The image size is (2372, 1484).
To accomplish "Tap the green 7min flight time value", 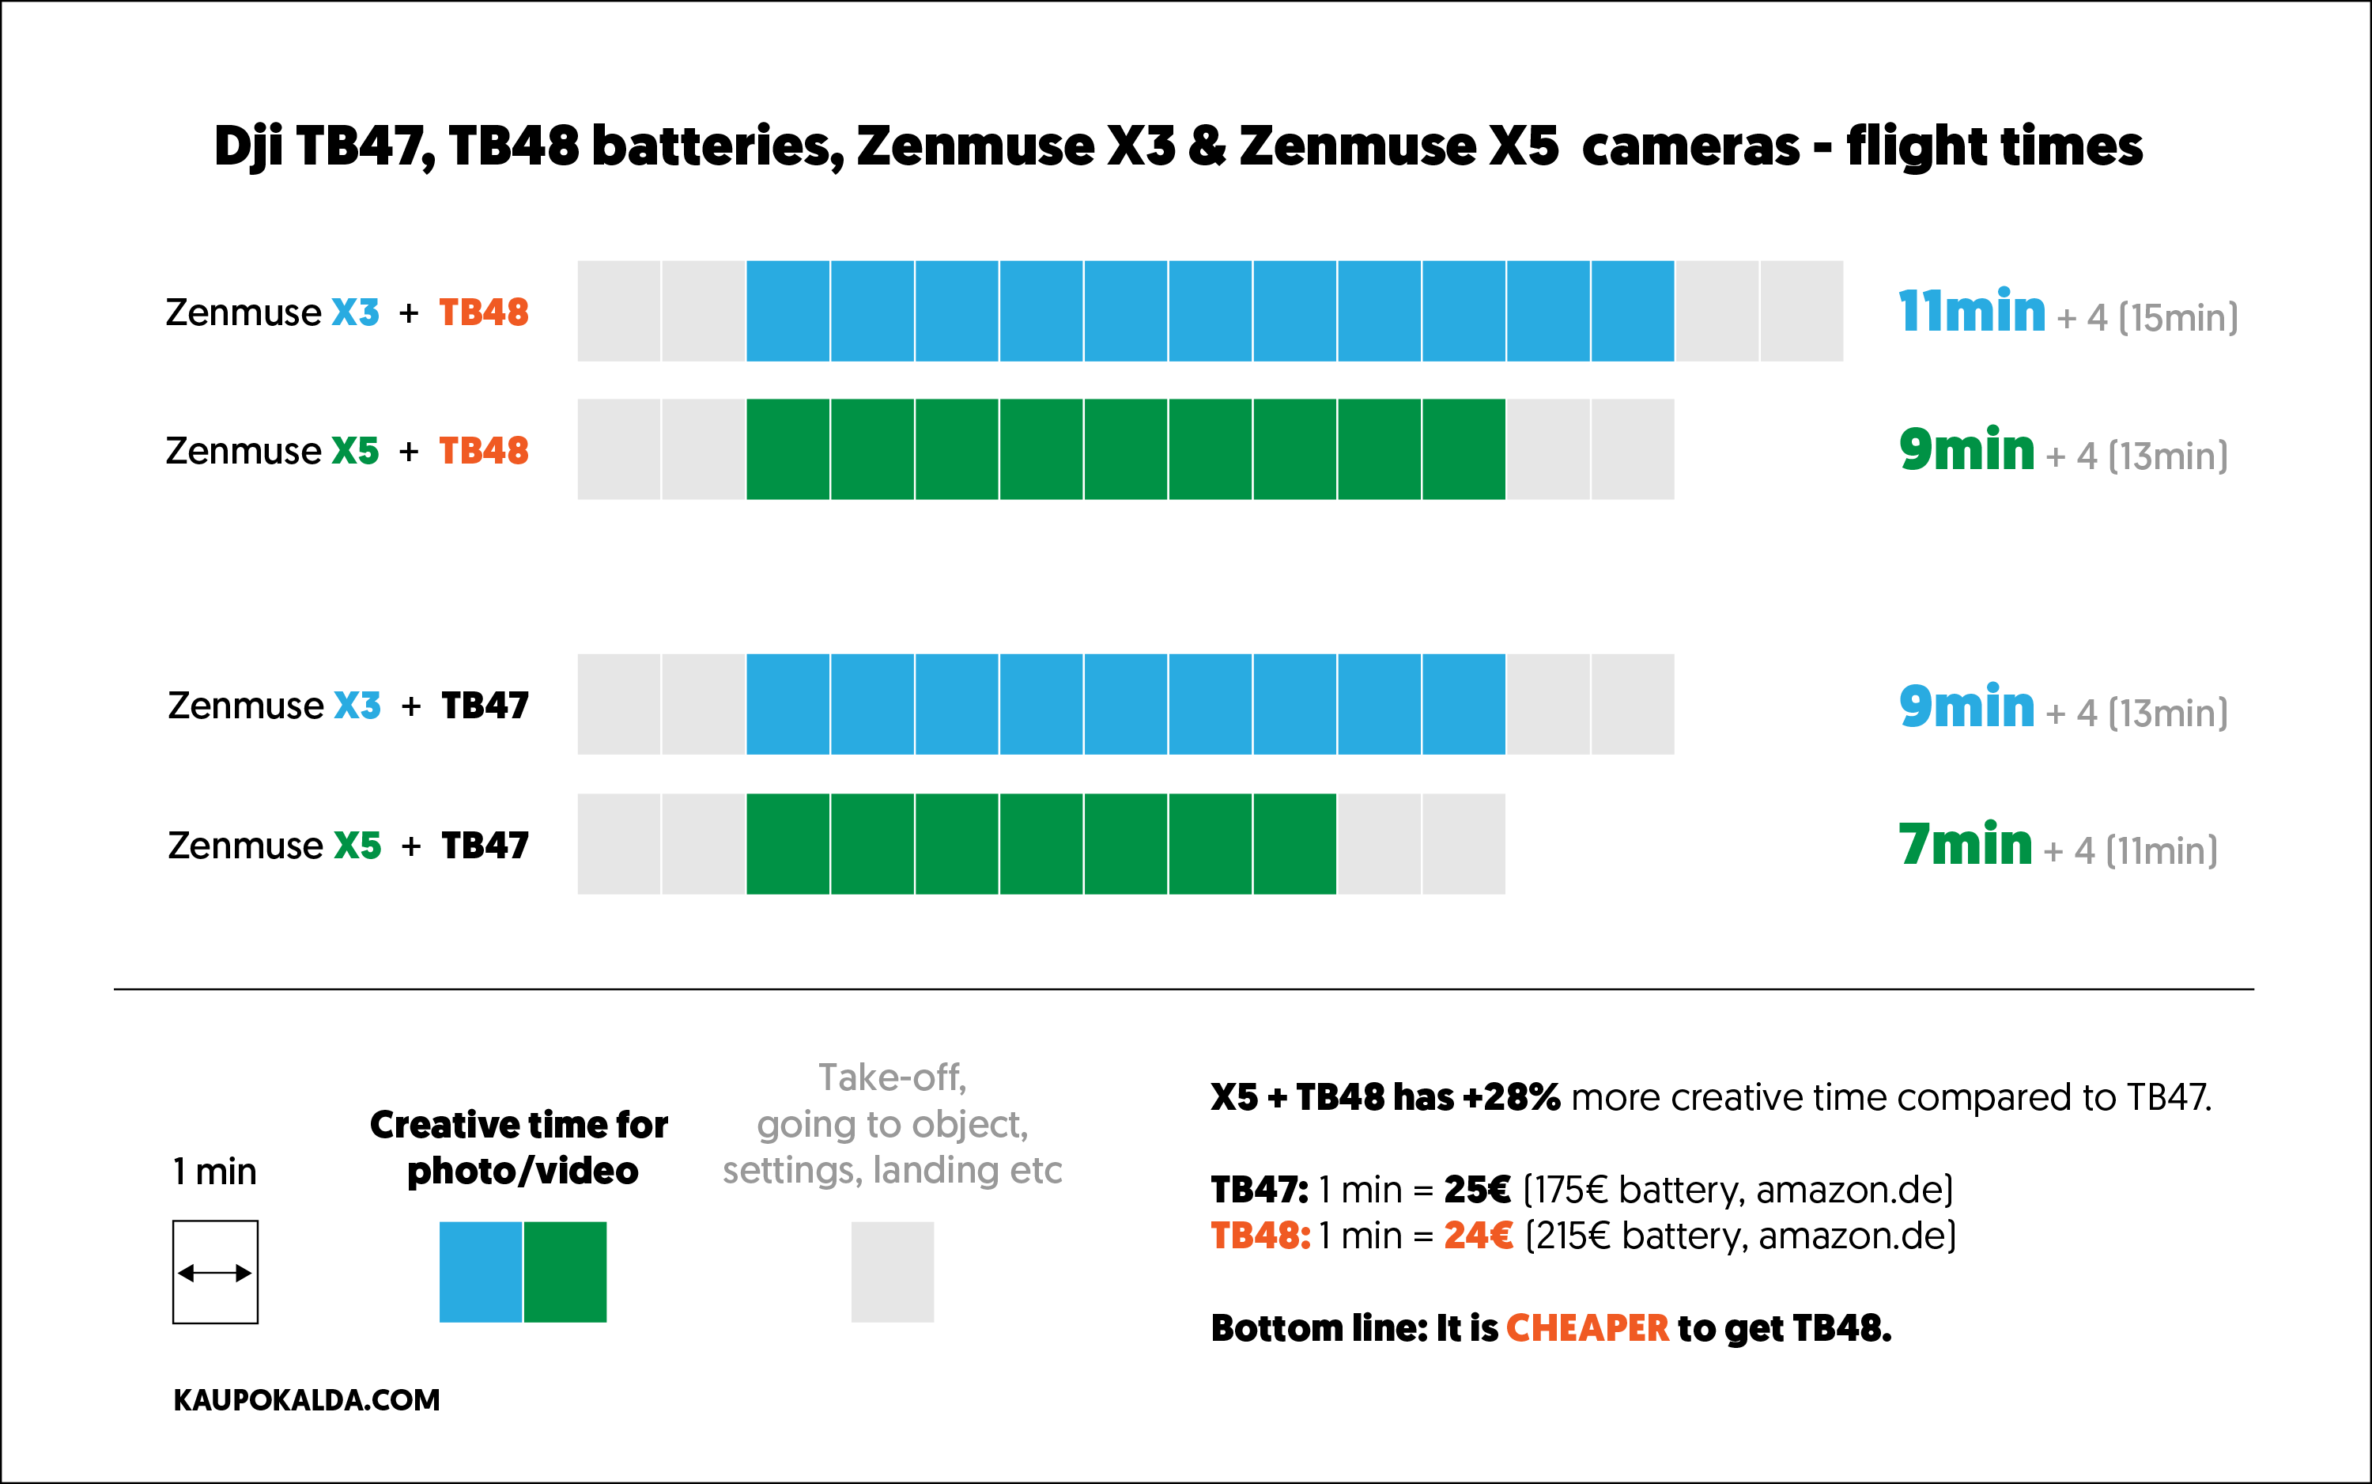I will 1965,845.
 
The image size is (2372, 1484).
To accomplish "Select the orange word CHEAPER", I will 1586,1328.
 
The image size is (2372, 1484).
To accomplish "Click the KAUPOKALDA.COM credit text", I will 306,1399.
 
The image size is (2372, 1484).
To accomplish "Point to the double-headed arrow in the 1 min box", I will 215,1273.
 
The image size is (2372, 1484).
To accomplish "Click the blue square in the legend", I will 480,1272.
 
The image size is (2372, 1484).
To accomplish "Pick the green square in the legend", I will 565,1272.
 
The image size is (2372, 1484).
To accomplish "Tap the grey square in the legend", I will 892,1272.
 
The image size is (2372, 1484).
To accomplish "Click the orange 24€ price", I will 1477,1236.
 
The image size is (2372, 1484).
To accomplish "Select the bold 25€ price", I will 1476,1190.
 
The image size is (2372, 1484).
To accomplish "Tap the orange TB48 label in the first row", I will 484,312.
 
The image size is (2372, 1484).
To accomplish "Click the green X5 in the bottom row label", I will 357,845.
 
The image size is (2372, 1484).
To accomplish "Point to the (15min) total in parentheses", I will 2177,318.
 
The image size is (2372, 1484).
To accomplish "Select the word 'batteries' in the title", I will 717,147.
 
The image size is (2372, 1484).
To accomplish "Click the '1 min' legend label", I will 215,1172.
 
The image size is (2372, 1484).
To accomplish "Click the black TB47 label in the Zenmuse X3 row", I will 485,706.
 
